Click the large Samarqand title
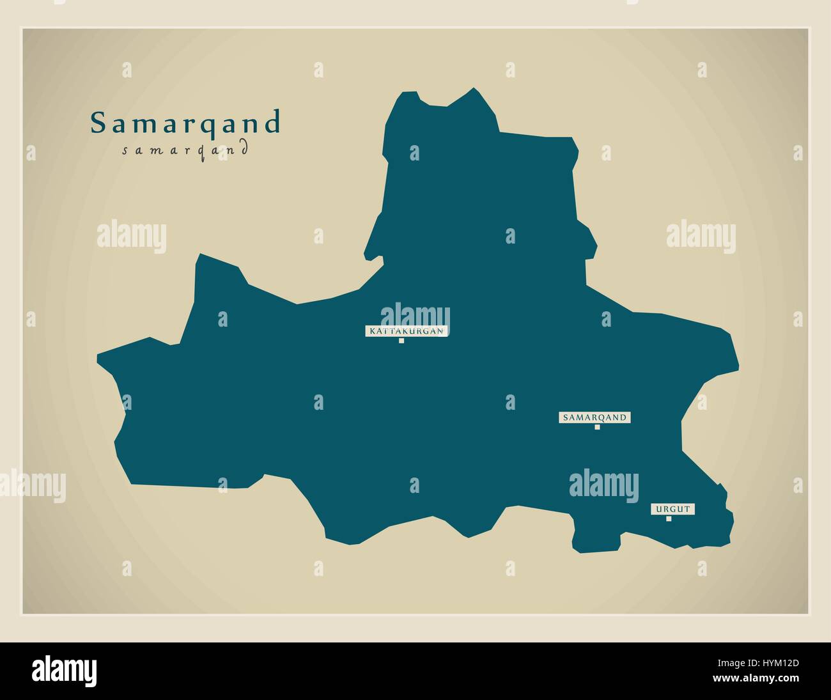[x=185, y=123]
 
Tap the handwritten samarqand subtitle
[x=184, y=151]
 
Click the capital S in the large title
[x=98, y=123]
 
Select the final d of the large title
[x=273, y=123]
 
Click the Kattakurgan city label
[x=406, y=331]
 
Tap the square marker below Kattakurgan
[x=401, y=341]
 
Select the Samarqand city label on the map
[x=595, y=417]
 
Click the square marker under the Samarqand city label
[x=597, y=427]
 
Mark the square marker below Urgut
[x=669, y=518]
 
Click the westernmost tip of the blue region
[x=98, y=359]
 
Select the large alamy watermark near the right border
[x=701, y=234]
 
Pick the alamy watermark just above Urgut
[x=603, y=483]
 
